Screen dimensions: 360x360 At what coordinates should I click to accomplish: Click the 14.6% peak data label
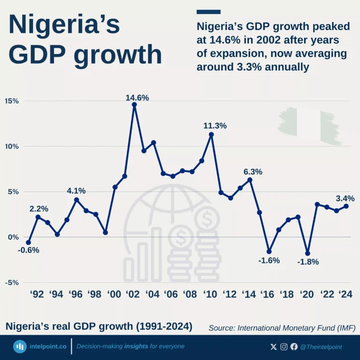coord(137,98)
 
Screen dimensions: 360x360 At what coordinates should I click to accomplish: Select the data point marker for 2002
coord(135,105)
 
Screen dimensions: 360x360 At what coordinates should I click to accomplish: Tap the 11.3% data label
coord(215,126)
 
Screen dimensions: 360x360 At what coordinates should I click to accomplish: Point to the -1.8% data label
coord(308,262)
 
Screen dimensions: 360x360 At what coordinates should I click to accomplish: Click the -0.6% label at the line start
coord(29,250)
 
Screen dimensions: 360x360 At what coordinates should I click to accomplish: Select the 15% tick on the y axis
coord(12,101)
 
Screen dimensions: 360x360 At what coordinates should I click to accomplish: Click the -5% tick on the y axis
coord(12,283)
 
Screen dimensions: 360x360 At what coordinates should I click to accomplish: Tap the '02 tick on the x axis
coord(133,295)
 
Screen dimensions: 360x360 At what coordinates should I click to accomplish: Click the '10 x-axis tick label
coord(210,295)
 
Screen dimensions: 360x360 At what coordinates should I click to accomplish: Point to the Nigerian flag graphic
coord(309,126)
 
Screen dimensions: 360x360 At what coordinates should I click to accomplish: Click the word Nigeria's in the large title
coord(64,26)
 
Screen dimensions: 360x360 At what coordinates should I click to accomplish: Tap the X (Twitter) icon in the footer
coord(274,347)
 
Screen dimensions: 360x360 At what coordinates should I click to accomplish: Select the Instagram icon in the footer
coord(284,347)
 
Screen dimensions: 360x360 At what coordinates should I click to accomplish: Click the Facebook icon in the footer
coord(294,347)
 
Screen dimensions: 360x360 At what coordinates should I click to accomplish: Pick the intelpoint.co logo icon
coord(20,347)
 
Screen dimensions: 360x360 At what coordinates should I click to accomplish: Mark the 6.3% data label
coord(253,172)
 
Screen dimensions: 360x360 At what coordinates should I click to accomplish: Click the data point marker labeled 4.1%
coord(76,200)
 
